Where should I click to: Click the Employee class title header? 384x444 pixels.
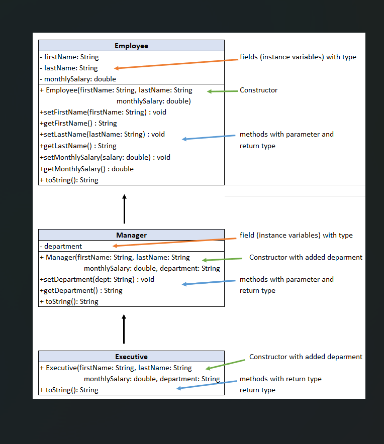pyautogui.click(x=131, y=46)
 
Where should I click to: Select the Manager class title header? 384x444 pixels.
pyautogui.click(x=131, y=235)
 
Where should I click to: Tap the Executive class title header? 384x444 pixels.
pyautogui.click(x=131, y=357)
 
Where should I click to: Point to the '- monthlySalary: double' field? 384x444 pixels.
pyautogui.click(x=78, y=79)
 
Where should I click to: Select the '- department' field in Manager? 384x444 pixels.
pyautogui.click(x=61, y=246)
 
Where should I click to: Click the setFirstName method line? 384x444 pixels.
pyautogui.click(x=103, y=112)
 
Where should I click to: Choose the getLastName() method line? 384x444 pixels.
pyautogui.click(x=78, y=146)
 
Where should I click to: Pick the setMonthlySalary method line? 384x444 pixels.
pyautogui.click(x=105, y=157)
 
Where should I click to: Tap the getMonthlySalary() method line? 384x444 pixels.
pyautogui.click(x=86, y=169)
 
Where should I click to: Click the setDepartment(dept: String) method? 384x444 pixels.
pyautogui.click(x=97, y=279)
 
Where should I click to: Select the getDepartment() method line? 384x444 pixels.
pyautogui.click(x=81, y=290)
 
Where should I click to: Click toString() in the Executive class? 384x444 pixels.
pyautogui.click(x=69, y=390)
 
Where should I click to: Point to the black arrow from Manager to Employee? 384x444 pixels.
pyautogui.click(x=124, y=209)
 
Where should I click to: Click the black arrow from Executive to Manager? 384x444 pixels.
pyautogui.click(x=124, y=329)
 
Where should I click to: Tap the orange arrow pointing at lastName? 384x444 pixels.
pyautogui.click(x=176, y=64)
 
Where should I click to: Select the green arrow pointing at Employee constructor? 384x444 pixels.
pyautogui.click(x=223, y=91)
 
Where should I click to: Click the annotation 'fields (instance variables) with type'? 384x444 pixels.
pyautogui.click(x=298, y=57)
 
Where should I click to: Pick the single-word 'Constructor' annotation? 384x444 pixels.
pyautogui.click(x=258, y=90)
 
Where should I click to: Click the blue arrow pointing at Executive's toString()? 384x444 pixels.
pyautogui.click(x=206, y=385)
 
